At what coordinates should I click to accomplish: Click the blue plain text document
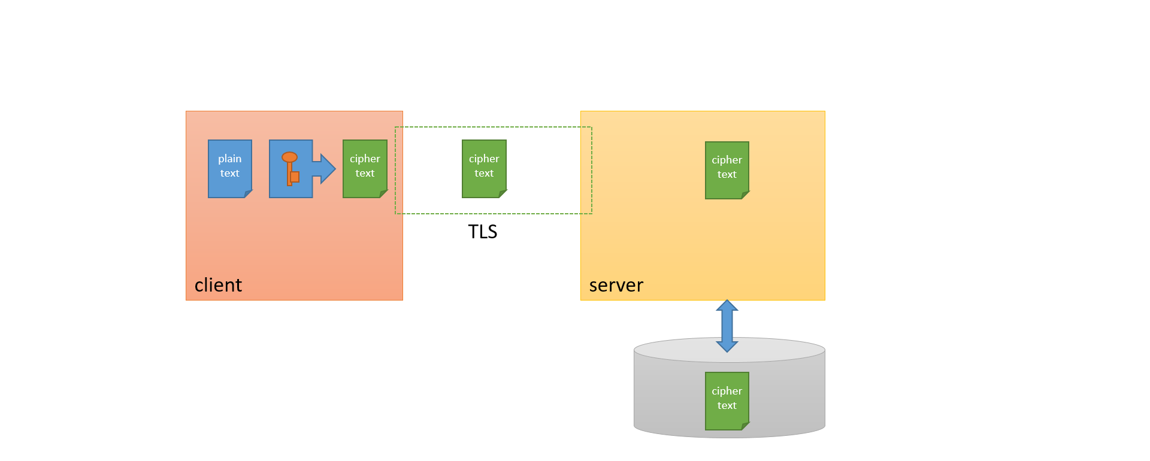230,169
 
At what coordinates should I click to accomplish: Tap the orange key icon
290,169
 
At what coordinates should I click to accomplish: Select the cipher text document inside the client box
365,169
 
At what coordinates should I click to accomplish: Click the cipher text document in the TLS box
485,169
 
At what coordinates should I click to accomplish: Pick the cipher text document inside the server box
727,171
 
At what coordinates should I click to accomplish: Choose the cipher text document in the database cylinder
727,401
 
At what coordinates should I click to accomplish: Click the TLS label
483,232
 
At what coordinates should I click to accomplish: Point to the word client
218,285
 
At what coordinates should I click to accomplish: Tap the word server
616,286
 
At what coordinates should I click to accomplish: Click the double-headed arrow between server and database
727,326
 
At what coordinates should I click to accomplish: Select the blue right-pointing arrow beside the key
324,169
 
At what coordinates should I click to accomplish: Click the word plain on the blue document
230,159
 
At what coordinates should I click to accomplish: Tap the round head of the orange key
290,157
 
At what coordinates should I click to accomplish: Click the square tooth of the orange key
295,177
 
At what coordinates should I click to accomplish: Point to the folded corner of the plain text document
249,194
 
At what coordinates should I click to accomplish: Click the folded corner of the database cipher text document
746,426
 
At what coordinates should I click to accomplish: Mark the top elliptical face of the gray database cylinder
730,350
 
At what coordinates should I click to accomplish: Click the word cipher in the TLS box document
484,159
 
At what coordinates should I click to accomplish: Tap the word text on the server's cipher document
727,175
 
